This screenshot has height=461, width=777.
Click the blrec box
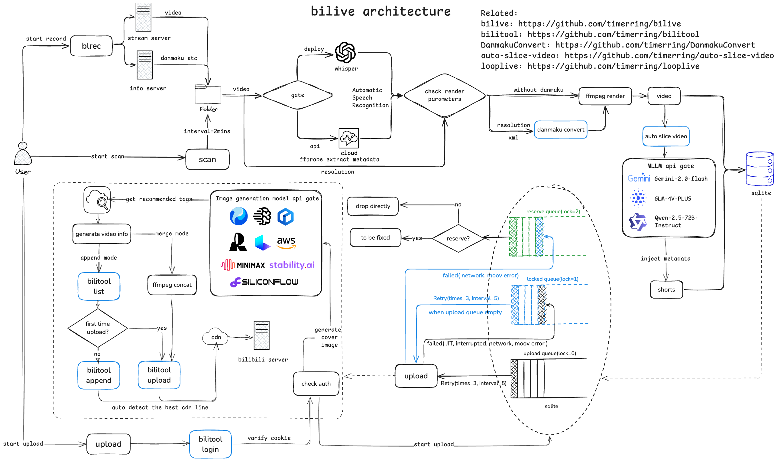pyautogui.click(x=91, y=46)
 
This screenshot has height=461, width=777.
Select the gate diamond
pyautogui.click(x=298, y=95)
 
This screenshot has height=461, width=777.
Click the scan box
pyautogui.click(x=207, y=159)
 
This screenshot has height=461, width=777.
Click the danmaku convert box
pyautogui.click(x=560, y=129)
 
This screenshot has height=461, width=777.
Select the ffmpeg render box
pyautogui.click(x=605, y=96)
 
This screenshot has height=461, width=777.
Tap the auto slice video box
pyautogui.click(x=665, y=136)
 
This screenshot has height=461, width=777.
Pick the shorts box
pyautogui.click(x=666, y=289)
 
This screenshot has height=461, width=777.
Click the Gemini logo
pyautogui.click(x=639, y=178)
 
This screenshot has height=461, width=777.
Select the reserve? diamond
pyautogui.click(x=458, y=238)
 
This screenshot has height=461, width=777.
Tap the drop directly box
pyautogui.click(x=373, y=206)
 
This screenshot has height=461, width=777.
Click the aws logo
pyautogui.click(x=286, y=242)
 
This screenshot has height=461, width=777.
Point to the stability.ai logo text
pyautogui.click(x=291, y=265)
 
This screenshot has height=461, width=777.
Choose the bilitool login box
pyautogui.click(x=210, y=444)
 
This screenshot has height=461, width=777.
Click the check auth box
pyautogui.click(x=316, y=384)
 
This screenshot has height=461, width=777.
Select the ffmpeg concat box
pyautogui.click(x=172, y=285)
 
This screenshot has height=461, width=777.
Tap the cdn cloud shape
pyautogui.click(x=215, y=337)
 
